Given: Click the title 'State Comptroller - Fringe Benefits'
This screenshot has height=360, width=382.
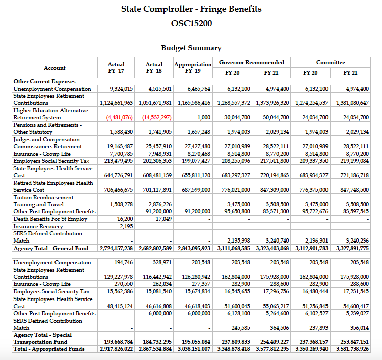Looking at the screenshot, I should pos(191,9).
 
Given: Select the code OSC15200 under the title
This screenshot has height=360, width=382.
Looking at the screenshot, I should pos(191,23).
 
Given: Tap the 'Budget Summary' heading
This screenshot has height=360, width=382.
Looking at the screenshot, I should pos(191,48).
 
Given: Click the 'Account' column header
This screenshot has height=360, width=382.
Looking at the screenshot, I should pos(54,68).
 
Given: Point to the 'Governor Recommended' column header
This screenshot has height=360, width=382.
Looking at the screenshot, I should pos(251,62).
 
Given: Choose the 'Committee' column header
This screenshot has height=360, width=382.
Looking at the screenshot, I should pos(331,62).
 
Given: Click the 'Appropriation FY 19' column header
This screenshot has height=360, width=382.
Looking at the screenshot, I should pos(193,68).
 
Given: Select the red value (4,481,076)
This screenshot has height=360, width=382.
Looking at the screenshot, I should pos(120,117).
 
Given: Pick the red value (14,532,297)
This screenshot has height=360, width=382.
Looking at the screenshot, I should pos(157,117).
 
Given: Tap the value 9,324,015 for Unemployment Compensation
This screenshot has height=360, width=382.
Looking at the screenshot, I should pos(121,89).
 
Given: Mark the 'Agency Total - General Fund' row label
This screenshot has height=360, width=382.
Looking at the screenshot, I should pos(50,248).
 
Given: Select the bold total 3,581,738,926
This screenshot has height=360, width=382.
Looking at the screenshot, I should pos(349,349).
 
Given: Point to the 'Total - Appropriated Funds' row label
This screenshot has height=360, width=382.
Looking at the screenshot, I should pos(49,349).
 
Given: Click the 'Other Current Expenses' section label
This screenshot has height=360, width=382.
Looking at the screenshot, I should pos(44,81).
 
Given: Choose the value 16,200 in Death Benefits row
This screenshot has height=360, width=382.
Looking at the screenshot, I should pos(125,219).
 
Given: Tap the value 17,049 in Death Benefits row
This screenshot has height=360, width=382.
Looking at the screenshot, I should pos(163,219).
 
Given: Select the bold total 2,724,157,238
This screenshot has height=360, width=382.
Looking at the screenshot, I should pos(117,248).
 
